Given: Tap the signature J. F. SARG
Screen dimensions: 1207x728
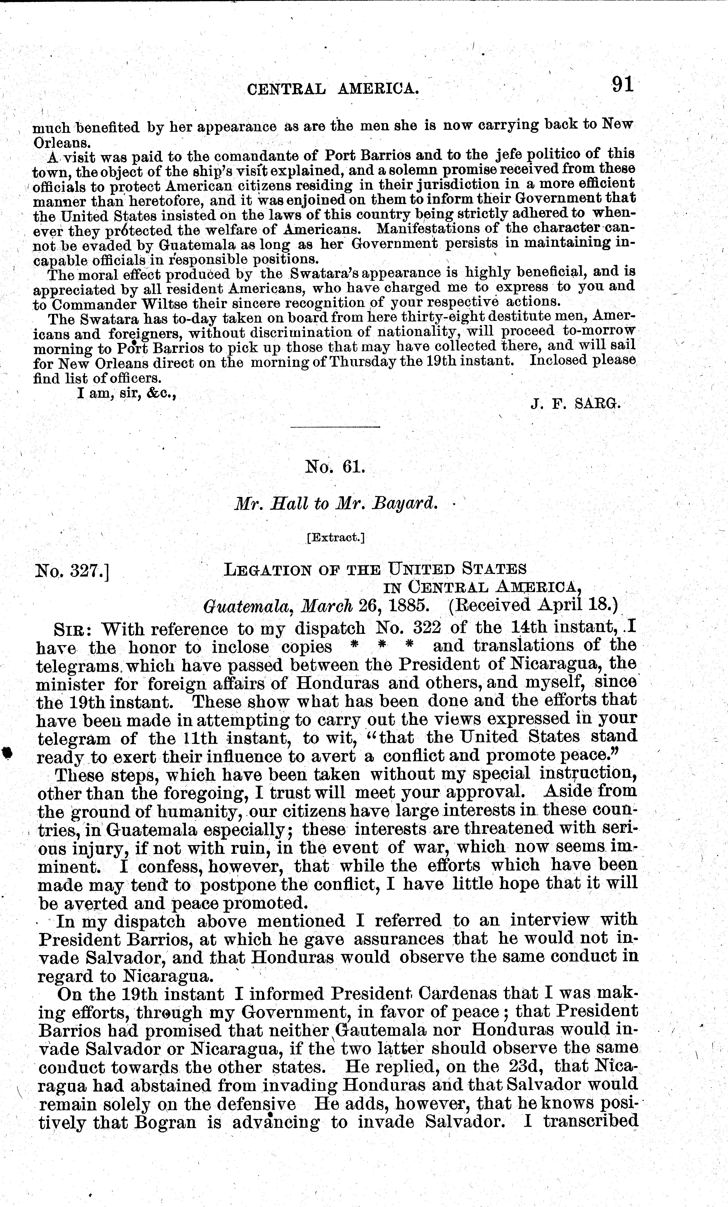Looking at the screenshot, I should [575, 404].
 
